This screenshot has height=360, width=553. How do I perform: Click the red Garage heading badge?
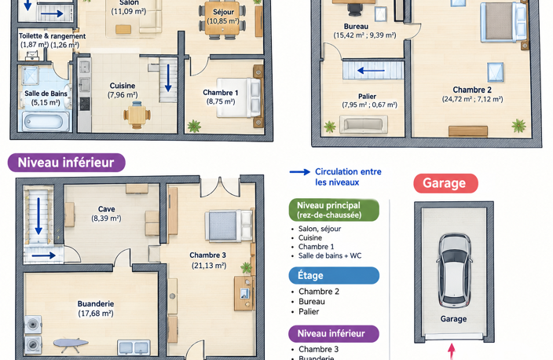click(446, 183)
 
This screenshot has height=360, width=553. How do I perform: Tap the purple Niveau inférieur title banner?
click(66, 163)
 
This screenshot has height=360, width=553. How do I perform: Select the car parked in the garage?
click(454, 270)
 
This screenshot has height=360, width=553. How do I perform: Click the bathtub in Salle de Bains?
click(45, 121)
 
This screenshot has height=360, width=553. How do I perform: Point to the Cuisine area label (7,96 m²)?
click(123, 95)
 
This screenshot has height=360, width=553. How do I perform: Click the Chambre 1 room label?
click(221, 93)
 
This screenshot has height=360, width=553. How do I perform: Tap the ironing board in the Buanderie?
click(71, 344)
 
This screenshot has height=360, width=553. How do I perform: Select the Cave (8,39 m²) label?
click(106, 214)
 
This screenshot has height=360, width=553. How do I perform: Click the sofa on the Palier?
click(363, 125)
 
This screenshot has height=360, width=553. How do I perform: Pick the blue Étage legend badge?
click(334, 276)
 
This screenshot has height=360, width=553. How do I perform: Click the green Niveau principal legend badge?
click(334, 210)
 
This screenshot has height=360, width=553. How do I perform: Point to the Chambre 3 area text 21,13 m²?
click(209, 266)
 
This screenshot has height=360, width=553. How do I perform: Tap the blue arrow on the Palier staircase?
click(371, 71)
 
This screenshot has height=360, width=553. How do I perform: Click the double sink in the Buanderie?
click(134, 347)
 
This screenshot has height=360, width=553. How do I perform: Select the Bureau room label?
click(356, 27)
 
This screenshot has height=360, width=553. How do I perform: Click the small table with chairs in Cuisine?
click(137, 115)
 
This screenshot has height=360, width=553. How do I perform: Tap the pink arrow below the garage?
click(452, 351)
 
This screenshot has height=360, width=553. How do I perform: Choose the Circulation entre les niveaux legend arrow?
click(300, 172)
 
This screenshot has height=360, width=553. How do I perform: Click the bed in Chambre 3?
click(229, 226)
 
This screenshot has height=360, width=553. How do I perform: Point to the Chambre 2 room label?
click(472, 90)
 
